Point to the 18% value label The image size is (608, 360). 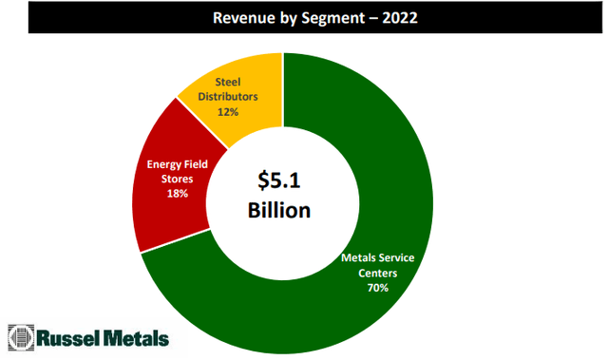point(178,193)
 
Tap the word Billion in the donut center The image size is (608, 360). point(280,210)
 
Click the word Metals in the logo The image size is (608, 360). point(135,337)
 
